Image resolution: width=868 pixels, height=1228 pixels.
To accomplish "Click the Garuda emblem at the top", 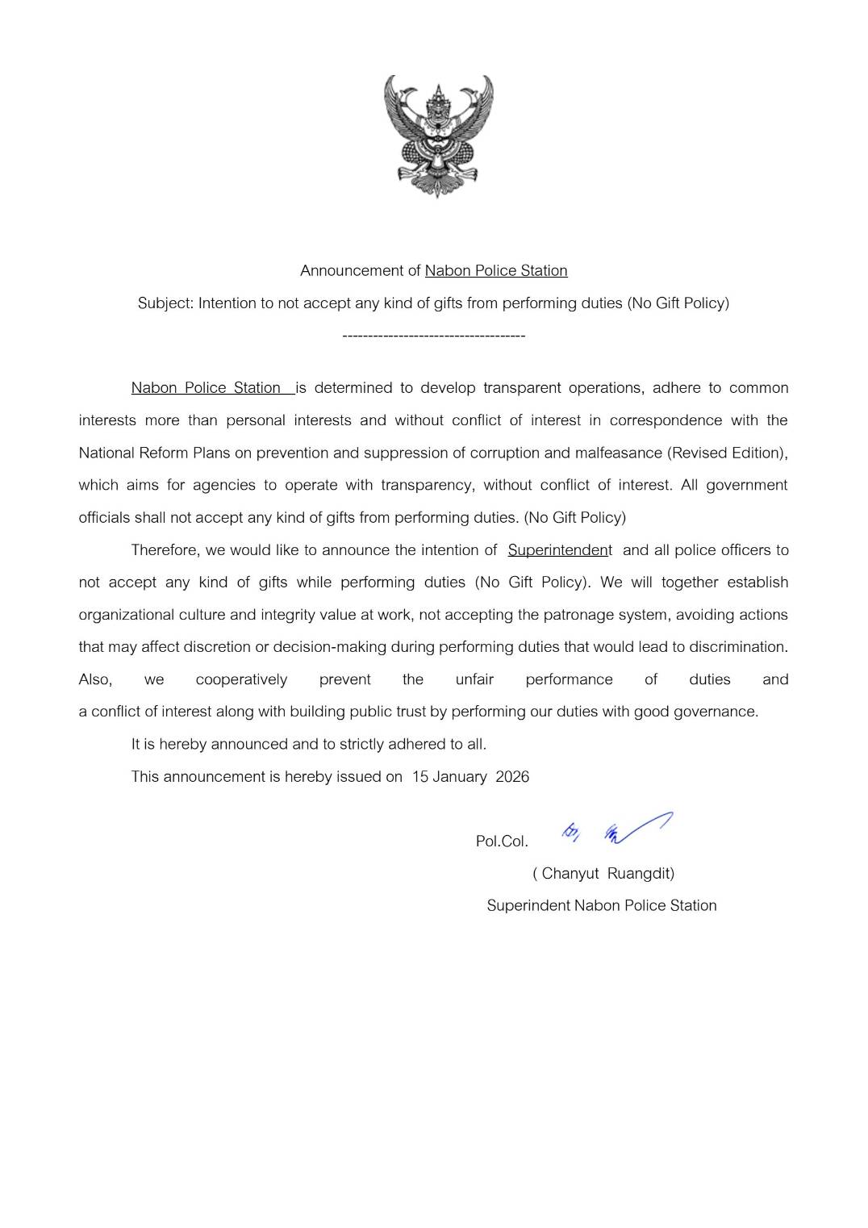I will click(x=437, y=136).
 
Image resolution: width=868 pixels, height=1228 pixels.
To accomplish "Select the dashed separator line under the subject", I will click(x=433, y=336).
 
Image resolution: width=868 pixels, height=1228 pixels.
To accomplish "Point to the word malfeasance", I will click(x=616, y=453).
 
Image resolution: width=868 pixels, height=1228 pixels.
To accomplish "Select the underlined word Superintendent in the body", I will click(x=559, y=550).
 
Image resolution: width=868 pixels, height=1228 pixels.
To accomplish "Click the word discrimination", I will click(x=737, y=647).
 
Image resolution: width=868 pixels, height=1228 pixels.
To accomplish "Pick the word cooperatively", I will click(x=241, y=679).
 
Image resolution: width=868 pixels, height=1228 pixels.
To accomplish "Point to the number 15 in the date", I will click(x=419, y=777).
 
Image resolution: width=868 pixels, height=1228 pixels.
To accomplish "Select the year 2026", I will click(x=512, y=777).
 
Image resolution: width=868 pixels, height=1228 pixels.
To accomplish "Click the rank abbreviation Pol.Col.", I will click(x=502, y=842).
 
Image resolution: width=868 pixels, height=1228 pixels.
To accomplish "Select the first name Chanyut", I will click(x=570, y=874).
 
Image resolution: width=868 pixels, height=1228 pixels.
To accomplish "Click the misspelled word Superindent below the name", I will click(x=528, y=906).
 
